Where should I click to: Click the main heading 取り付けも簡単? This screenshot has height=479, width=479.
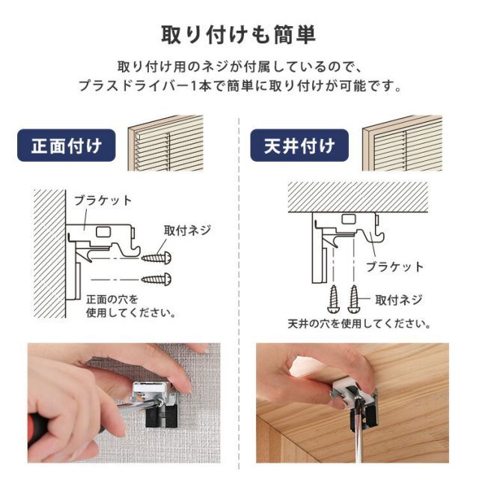pos(239,34)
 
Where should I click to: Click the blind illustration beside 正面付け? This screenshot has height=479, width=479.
pos(165,143)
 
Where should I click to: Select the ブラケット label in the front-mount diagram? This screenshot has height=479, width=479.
pos(103,201)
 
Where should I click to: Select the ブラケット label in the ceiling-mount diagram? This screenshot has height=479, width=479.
pos(394,266)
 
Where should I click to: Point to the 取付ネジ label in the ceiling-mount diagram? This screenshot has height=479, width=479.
pos(399,300)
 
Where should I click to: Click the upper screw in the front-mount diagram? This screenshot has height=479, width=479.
pos(156,257)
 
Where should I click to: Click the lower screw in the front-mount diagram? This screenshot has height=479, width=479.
pos(156,279)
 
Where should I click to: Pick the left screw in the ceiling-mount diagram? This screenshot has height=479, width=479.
pos(334,299)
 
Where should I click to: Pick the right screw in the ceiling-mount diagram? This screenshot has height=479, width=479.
pos(353,299)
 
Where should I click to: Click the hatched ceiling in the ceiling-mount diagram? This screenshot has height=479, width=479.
pos(358,197)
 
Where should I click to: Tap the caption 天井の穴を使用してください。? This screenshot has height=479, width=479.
pos(359,325)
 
